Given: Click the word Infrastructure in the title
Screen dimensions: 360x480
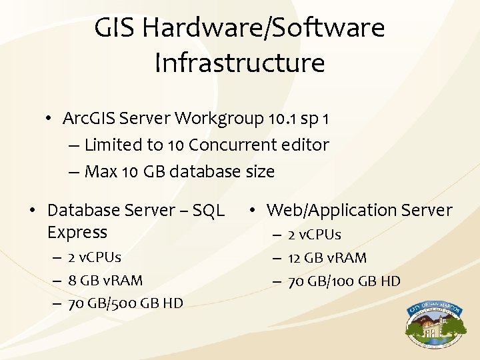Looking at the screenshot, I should pos(239,63).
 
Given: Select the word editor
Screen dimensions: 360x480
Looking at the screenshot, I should pos(307,145).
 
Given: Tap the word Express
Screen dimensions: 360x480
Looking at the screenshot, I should pos(77,232).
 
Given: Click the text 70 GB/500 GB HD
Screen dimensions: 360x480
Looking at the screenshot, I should pos(125,303).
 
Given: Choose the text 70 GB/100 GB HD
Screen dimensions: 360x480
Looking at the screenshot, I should pos(344,281).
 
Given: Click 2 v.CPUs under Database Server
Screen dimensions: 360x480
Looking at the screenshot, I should pos(94,257).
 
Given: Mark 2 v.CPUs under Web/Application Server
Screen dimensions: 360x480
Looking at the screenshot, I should pos(314,235).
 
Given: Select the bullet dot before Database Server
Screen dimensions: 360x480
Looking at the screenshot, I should pos(31,211).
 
